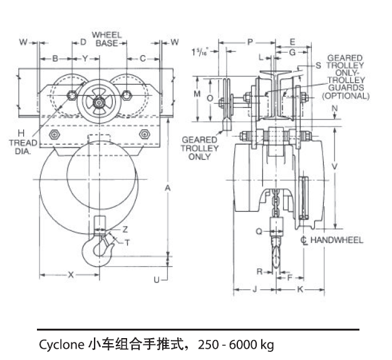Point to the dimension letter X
coord(70,274)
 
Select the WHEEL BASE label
coord(107,38)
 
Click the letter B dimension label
coord(55,58)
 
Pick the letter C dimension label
coord(142,58)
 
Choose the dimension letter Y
coord(84,58)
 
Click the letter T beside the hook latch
coord(127,242)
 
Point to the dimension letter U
coord(157,280)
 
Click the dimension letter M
coord(197,93)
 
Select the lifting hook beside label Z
coord(98,247)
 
